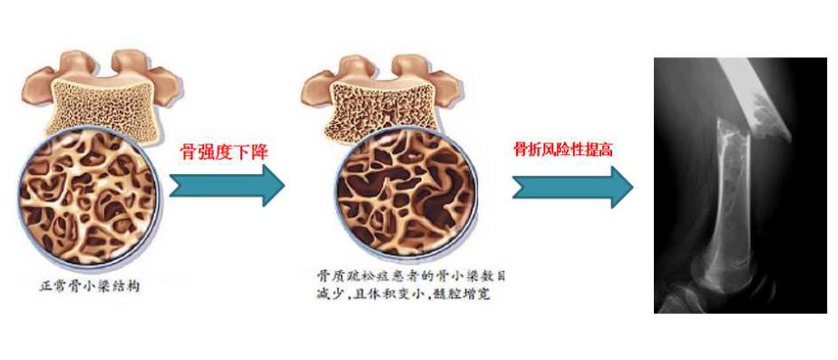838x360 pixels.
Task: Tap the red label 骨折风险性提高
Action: [x=563, y=149]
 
